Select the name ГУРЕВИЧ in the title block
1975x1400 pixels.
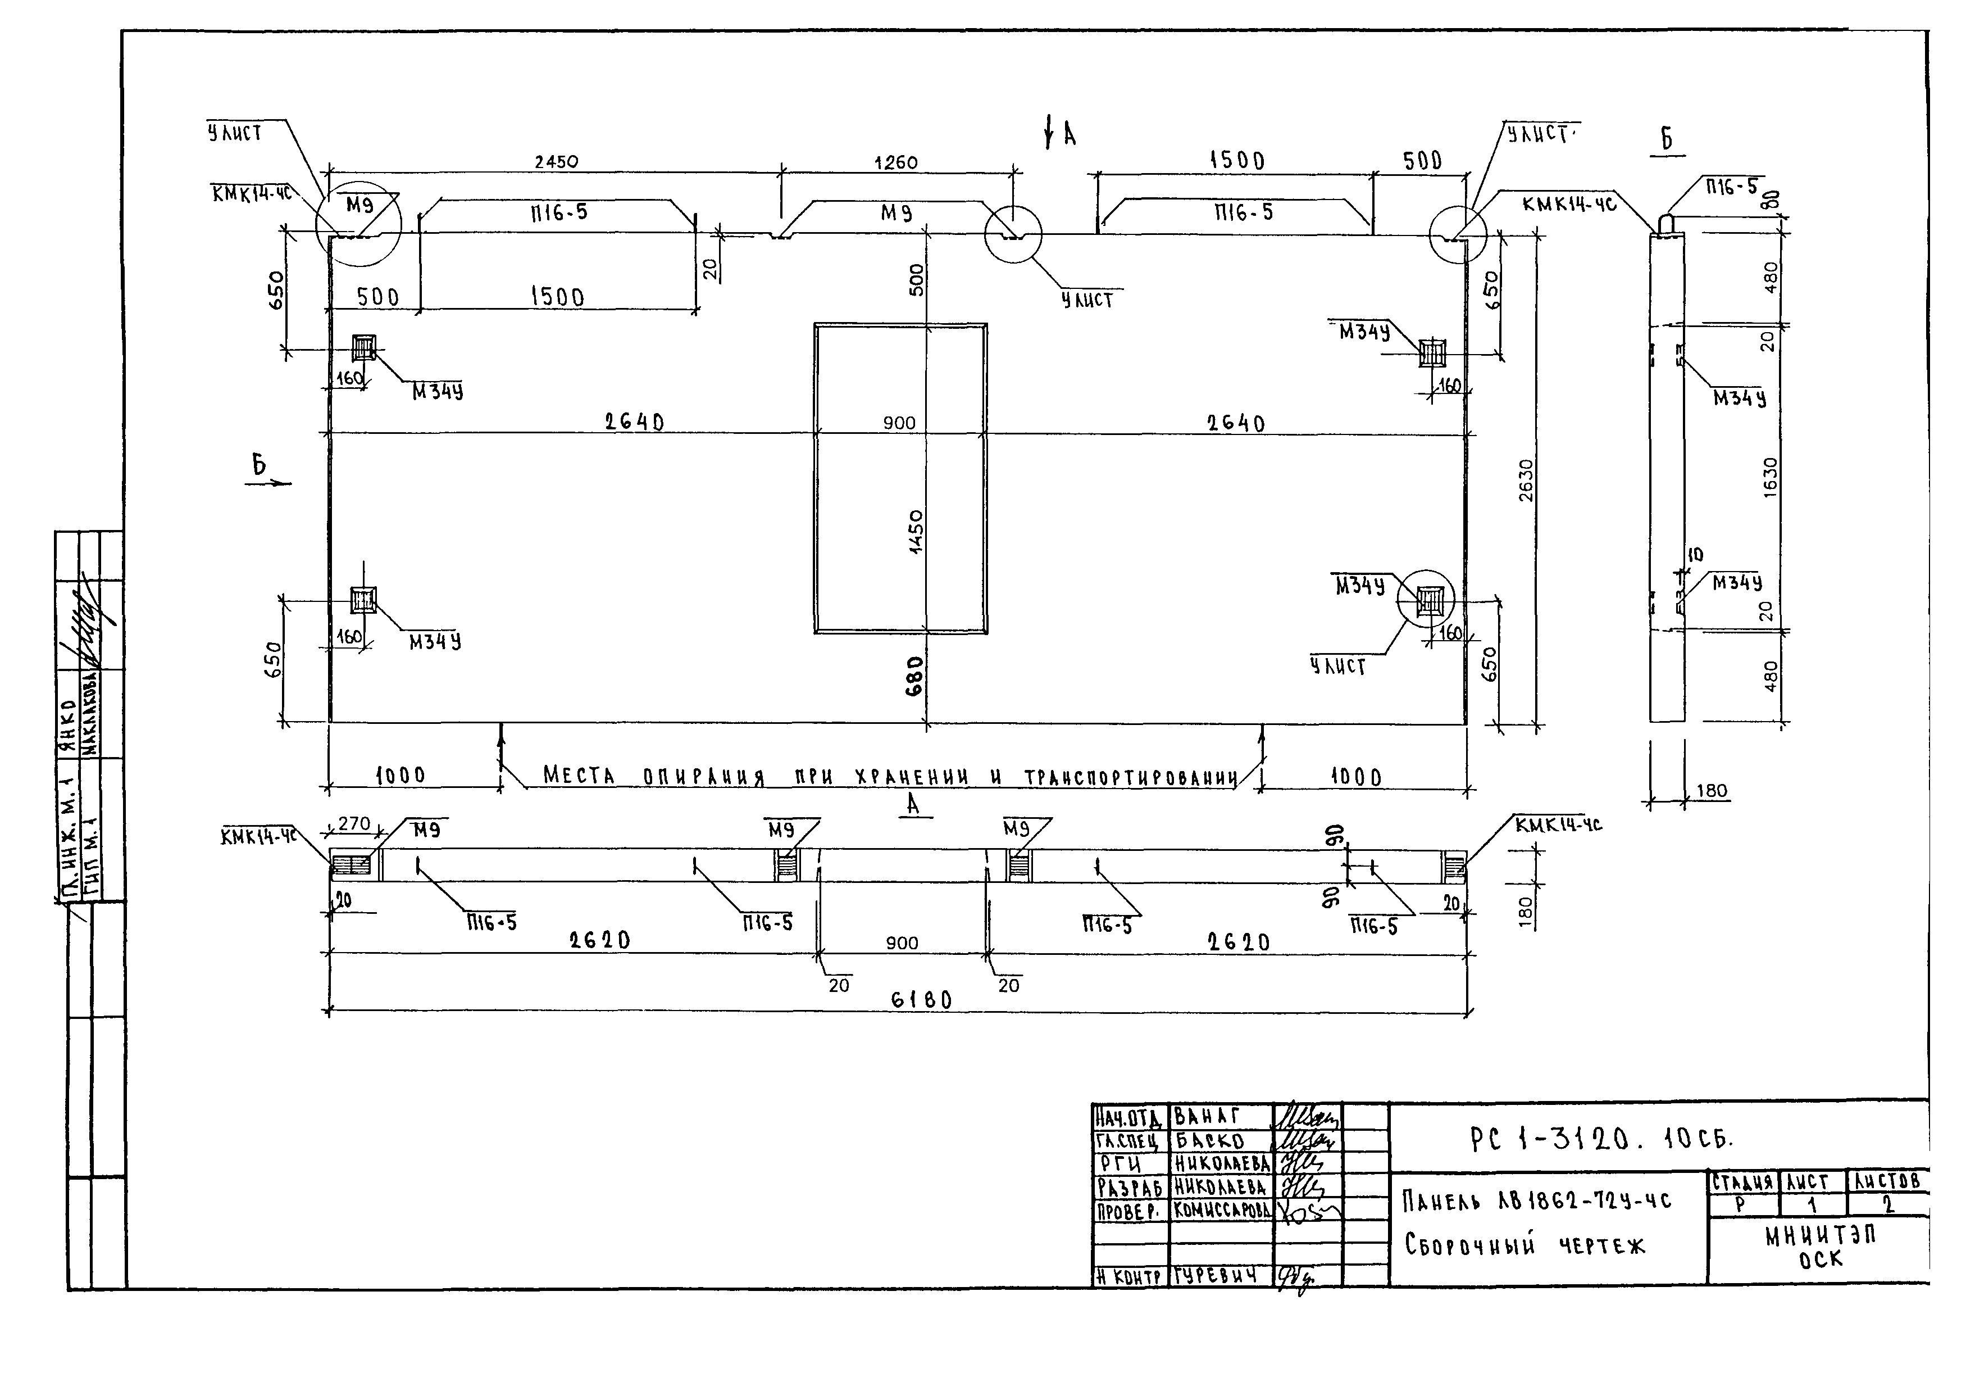(1218, 1276)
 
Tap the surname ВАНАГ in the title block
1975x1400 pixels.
(1207, 1117)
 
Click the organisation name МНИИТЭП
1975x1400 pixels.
(1820, 1237)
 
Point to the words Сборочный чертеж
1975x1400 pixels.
(1525, 1245)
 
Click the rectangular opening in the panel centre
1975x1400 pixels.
(900, 478)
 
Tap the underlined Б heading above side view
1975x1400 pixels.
(1667, 139)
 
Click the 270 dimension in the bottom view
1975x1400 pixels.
(353, 823)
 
